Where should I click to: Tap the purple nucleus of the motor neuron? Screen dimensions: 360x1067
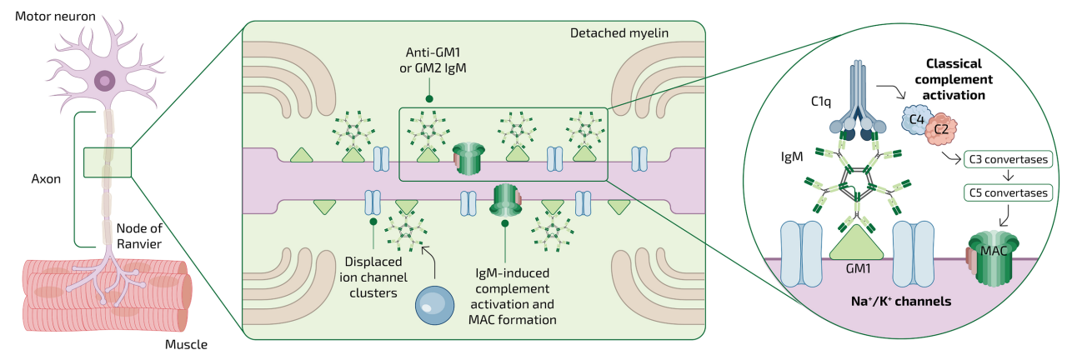(x=105, y=80)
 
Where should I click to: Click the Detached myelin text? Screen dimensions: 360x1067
(x=618, y=33)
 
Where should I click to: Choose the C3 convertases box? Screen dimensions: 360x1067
(x=1006, y=158)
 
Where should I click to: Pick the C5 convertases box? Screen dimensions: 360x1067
(x=1006, y=192)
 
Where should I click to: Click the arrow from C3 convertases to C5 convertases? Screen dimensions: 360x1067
(x=1007, y=176)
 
